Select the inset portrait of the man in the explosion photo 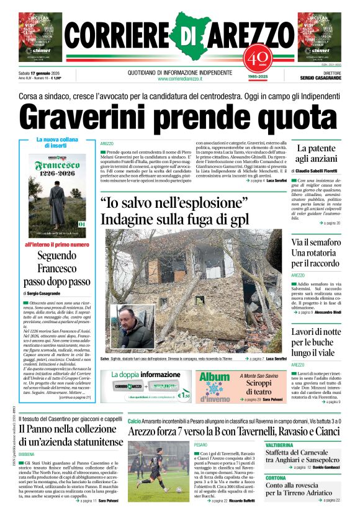tap(132, 327)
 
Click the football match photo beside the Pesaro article tap(158, 471)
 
